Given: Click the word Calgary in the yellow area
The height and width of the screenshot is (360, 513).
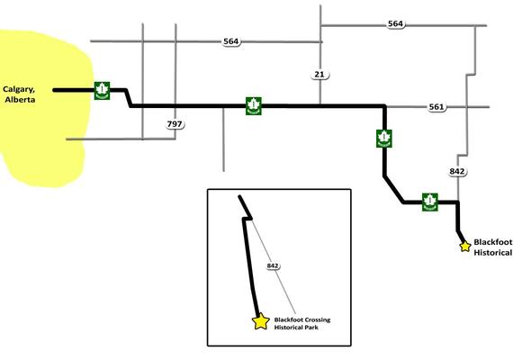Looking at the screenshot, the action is coord(19,90).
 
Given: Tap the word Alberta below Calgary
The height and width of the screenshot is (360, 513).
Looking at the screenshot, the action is coord(21,100).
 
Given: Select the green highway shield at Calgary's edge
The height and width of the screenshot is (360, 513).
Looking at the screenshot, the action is coord(102,91).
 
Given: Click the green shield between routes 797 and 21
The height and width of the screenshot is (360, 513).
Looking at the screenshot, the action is coord(254,106).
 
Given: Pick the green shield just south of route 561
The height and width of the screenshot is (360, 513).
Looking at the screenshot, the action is coord(384,139).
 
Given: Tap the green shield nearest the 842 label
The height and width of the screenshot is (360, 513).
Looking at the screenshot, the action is coord(430,202).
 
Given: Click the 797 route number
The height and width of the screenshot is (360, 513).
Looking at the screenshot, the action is coord(175,124).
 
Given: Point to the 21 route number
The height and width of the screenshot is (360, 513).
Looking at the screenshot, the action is coord(319,75).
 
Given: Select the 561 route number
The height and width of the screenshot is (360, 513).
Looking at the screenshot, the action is coord(436,107).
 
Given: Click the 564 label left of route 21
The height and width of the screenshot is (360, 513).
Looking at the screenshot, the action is coord(231,41).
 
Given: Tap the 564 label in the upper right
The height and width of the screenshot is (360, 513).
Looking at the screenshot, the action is coord(395,24).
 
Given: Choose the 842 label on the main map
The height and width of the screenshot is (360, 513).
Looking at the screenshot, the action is coord(456,172).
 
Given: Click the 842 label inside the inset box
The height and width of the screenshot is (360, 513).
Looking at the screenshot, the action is coord(273,265).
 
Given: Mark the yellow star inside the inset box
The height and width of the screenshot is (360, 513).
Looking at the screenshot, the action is coord(261,321).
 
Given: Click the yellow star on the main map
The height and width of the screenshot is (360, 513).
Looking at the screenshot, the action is coord(465,246).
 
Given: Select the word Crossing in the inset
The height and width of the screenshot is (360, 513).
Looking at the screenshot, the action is coord(318,319).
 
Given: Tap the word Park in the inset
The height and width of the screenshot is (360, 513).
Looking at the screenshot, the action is coord(311,328).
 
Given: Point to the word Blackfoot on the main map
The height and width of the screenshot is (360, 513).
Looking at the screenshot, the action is coord(493,242).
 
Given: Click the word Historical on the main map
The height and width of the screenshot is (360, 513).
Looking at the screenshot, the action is coord(493,253).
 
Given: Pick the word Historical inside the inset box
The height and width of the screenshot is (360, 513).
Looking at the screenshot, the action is coord(288,328).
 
